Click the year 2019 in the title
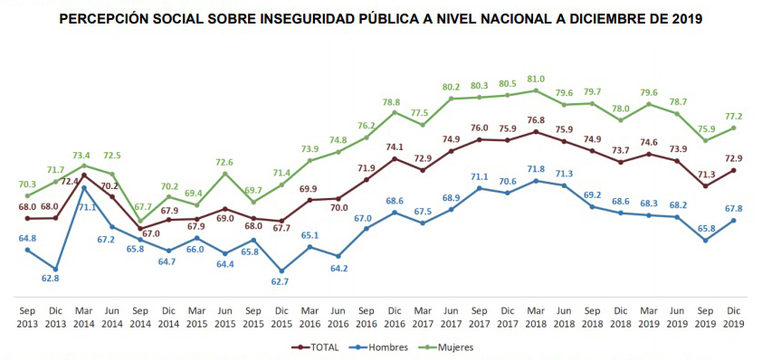(685, 18)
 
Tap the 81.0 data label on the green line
(536, 78)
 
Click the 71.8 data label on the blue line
(536, 168)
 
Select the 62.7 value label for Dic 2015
(282, 282)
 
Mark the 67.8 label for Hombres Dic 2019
(733, 208)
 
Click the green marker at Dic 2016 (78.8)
(395, 112)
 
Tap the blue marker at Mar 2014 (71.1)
(83, 188)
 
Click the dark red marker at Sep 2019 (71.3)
(705, 186)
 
